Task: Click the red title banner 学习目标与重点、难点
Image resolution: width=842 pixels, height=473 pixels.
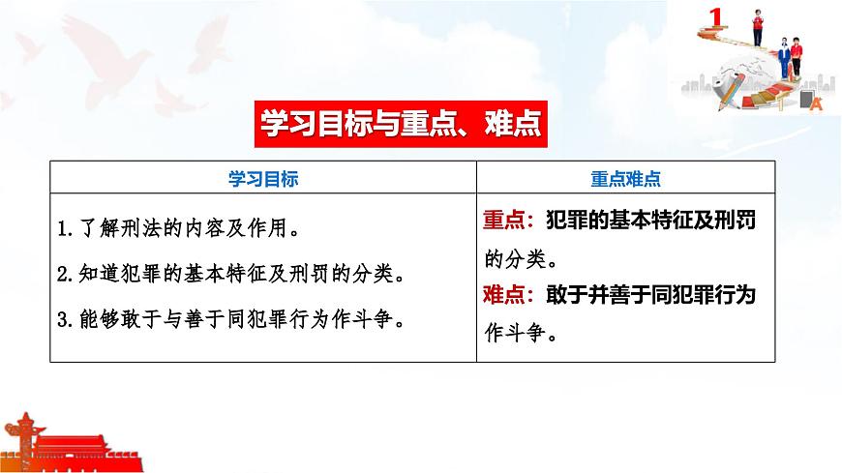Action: (398, 125)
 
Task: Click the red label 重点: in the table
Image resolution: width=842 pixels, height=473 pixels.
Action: (507, 220)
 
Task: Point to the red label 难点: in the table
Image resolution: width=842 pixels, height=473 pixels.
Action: (507, 295)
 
